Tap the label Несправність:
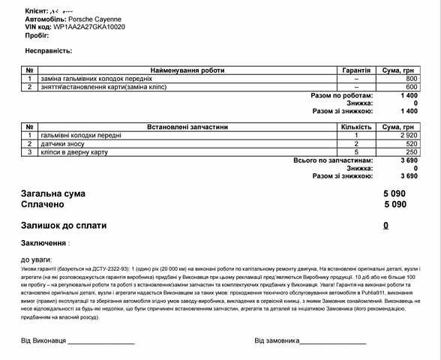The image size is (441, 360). click(x=49, y=51)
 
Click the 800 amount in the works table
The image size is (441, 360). click(x=411, y=79)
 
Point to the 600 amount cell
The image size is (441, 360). click(x=411, y=87)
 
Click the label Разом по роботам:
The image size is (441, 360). click(x=341, y=96)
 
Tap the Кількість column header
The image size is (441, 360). click(x=356, y=127)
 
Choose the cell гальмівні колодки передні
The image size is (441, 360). click(x=80, y=136)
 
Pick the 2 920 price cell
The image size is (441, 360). click(x=407, y=136)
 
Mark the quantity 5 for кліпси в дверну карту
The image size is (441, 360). click(x=356, y=152)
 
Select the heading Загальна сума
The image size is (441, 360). click(x=53, y=193)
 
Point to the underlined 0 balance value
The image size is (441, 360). click(x=385, y=225)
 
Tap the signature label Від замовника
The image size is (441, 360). click(x=277, y=340)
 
